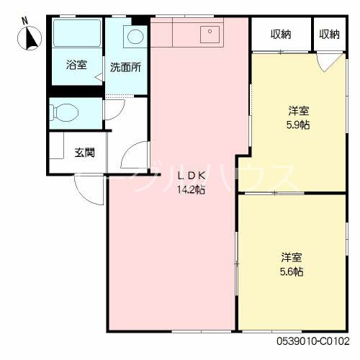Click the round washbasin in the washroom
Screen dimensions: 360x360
pos(135,37)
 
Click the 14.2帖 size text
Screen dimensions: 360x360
pos(191,190)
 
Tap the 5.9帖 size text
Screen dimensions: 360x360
pos(299,125)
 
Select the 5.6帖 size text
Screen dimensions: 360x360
pos(292,271)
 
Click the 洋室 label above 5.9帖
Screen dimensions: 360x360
pos(299,111)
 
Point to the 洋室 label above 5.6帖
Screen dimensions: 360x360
pos(292,258)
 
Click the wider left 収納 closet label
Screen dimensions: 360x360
pos(281,34)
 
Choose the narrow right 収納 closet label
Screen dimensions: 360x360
pos(329,34)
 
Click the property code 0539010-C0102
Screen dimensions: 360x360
pos(312,340)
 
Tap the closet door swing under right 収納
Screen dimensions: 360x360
pos(327,62)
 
